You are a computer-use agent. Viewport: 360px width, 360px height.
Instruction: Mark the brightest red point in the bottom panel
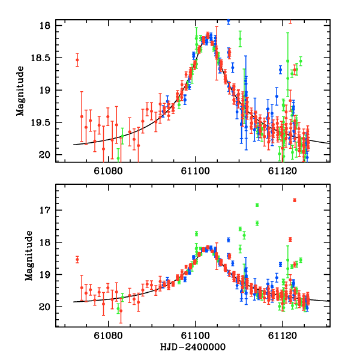click(x=295, y=200)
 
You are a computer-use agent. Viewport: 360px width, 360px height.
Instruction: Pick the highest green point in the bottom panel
click(x=257, y=205)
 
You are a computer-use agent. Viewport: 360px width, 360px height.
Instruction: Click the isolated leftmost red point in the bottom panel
click(x=77, y=259)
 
